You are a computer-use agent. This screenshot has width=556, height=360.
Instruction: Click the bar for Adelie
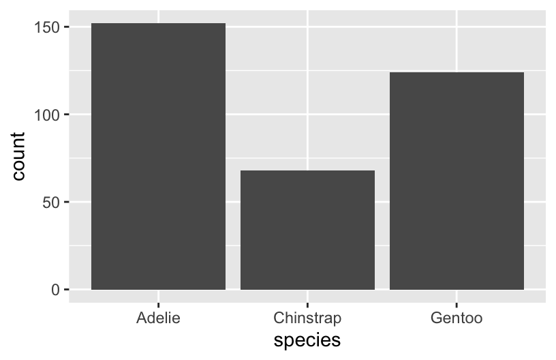158,157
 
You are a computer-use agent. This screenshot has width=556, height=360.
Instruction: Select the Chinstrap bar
307,230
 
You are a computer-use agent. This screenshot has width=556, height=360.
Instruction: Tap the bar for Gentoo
457,181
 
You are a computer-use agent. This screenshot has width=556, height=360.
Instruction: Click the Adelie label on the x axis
158,318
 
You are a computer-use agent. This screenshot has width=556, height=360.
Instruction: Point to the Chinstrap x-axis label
307,318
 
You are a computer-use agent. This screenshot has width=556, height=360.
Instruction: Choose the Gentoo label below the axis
457,318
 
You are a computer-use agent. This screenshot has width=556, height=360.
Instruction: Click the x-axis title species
307,340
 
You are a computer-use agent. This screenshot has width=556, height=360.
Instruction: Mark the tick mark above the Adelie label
158,305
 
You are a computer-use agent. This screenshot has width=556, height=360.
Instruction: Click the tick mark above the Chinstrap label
307,305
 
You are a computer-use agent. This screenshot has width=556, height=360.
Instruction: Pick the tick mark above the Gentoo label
457,305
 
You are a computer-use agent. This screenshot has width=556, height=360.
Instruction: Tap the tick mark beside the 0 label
66,290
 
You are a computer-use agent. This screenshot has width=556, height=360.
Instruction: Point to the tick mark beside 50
66,202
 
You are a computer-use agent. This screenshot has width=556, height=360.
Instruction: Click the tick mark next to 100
66,115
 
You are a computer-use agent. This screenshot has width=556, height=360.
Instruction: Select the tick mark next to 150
66,27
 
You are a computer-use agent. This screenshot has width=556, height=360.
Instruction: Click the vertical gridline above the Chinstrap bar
307,89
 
